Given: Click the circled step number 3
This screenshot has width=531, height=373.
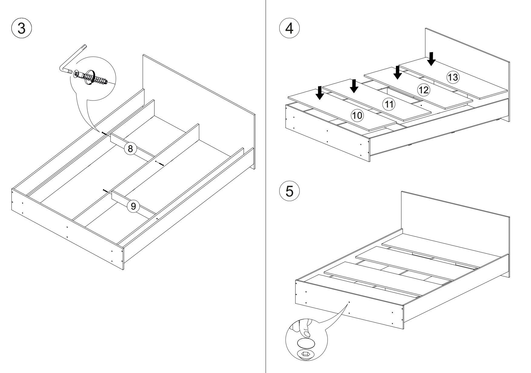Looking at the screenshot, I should pos(21,28).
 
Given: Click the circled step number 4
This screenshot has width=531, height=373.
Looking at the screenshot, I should pos(290,29).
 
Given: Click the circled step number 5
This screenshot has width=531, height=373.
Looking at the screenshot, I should pos(290,191).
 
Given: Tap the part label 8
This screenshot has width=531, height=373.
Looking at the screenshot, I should pos(130,149).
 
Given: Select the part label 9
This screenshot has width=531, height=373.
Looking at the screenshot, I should pos(133,206).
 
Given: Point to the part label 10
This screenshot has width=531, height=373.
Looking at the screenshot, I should pos(357,115).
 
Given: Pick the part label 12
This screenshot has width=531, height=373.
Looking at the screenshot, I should pos(423,90).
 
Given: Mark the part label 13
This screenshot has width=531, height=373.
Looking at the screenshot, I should pos(453,77).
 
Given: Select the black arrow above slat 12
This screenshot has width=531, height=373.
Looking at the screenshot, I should pos(398,72).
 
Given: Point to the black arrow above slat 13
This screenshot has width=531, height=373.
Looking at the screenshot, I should pos(432,59).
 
